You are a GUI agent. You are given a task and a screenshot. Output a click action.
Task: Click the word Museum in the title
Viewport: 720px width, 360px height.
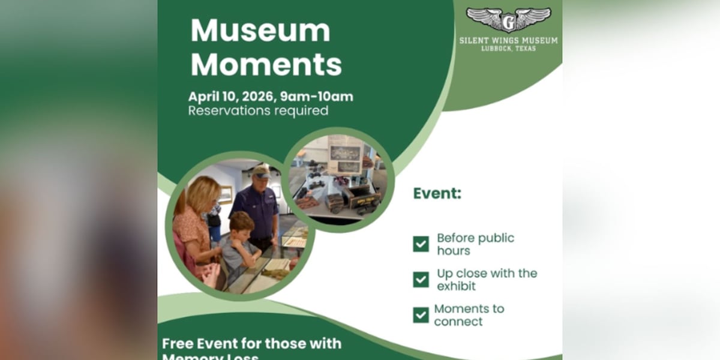pos(260,31)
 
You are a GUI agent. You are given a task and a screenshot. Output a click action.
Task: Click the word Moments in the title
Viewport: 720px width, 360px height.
pos(266,65)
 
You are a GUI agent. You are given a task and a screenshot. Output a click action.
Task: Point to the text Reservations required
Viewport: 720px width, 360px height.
pos(258,111)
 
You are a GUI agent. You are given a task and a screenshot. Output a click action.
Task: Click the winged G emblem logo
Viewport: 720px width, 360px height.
pos(508,20)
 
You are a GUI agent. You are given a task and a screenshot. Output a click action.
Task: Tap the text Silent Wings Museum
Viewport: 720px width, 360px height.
pos(508,41)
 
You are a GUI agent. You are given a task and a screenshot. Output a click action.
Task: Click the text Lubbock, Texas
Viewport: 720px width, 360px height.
pos(508,49)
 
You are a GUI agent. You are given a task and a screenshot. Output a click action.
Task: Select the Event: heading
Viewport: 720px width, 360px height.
pos(437,194)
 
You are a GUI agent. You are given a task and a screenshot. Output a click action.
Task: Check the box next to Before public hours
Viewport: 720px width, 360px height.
pos(421,244)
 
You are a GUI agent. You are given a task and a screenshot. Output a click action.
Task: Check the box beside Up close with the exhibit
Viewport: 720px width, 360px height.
pos(421,280)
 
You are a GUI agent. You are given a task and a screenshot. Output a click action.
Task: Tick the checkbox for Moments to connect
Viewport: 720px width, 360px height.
pos(421,315)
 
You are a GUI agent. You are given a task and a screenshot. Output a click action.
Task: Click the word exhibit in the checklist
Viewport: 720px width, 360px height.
pos(456,286)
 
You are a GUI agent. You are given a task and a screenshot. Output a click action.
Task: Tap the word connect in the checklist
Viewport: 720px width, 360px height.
pos(458,322)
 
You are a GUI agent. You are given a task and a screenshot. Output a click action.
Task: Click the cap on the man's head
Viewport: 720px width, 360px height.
pos(260,172)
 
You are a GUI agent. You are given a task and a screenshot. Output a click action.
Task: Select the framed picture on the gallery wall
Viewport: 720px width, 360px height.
pos(226,194)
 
